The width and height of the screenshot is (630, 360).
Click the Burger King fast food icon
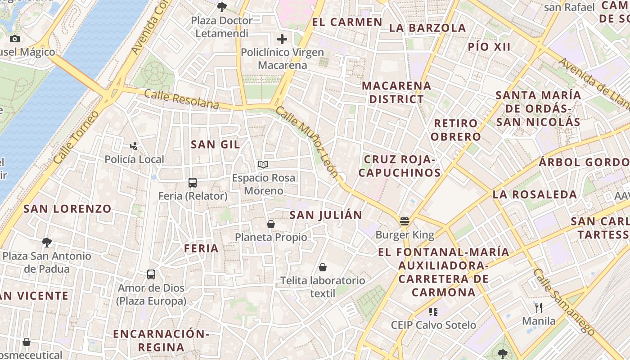tap(404, 221)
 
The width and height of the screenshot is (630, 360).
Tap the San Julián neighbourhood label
tap(326, 215)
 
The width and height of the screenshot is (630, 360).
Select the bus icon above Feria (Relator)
tap(193, 182)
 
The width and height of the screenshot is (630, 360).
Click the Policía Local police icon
tap(134, 146)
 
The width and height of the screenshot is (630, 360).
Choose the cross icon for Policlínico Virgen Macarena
tap(282, 39)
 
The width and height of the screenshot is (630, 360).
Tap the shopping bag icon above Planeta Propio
tap(271, 224)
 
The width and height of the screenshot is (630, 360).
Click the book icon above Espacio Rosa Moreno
tap(263, 164)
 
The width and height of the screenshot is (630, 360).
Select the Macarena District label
tap(396, 92)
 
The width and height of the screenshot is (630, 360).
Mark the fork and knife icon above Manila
tap(539, 308)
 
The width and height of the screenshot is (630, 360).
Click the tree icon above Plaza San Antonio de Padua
tap(46, 243)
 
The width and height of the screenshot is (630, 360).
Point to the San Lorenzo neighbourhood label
tap(67, 209)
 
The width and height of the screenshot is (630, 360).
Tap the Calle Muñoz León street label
tap(307, 142)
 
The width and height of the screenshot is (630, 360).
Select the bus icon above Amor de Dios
tap(151, 274)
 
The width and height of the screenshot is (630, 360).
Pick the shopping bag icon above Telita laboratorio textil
tap(323, 267)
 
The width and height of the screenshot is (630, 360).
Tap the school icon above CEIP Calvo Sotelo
tap(433, 311)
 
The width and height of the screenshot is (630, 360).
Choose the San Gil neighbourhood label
tap(215, 144)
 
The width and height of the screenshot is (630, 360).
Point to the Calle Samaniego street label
tap(564, 301)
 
